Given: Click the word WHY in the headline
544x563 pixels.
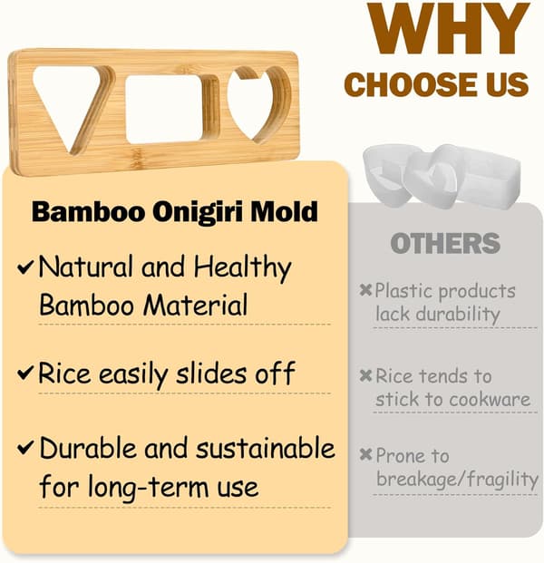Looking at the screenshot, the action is pyautogui.click(x=448, y=28).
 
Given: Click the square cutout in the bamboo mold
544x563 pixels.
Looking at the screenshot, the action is pyautogui.click(x=164, y=109).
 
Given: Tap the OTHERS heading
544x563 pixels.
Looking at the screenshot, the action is pyautogui.click(x=445, y=243).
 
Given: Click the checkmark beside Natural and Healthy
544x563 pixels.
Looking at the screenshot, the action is pyautogui.click(x=26, y=267).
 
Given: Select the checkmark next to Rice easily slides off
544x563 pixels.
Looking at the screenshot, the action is pyautogui.click(x=26, y=373).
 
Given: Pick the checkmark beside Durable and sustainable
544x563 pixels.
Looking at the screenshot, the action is pyautogui.click(x=26, y=447).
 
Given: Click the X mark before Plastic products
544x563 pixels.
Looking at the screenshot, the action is pyautogui.click(x=365, y=290).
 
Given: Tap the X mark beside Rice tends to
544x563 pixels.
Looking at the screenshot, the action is pyautogui.click(x=365, y=375).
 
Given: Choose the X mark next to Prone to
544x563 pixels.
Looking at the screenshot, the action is pyautogui.click(x=365, y=454).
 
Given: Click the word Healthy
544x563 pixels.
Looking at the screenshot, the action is pyautogui.click(x=242, y=267).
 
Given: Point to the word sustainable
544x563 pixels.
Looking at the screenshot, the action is pyautogui.click(x=266, y=449).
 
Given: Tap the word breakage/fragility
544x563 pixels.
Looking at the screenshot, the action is pyautogui.click(x=457, y=479).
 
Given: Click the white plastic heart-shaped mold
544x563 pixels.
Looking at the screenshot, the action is pyautogui.click(x=431, y=180).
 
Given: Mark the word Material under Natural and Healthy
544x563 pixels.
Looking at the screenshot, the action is pyautogui.click(x=195, y=306).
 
